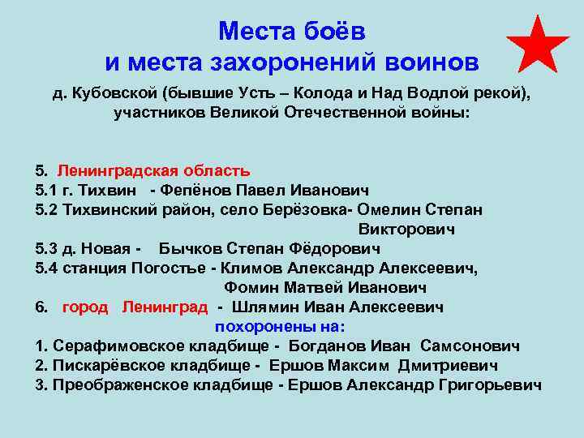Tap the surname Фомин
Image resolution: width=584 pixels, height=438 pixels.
coord(251,288)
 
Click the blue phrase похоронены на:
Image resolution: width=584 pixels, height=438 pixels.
coord(280,327)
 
